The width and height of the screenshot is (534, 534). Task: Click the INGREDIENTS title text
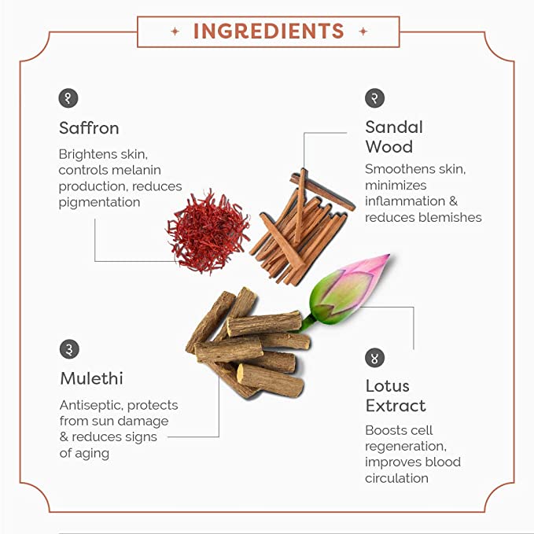point(268,31)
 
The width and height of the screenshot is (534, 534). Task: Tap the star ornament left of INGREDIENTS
point(175,31)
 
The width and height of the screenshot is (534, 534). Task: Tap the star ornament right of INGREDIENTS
point(363,31)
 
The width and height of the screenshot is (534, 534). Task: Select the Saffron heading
point(89,128)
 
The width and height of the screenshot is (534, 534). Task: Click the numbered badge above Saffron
point(68,98)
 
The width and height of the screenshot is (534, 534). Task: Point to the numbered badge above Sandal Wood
point(374,98)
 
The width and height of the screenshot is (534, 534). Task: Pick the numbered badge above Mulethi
point(69,349)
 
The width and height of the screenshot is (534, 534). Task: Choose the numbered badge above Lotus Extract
point(374,358)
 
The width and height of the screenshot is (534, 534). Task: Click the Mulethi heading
point(91,378)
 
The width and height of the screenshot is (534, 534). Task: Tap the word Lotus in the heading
point(388,386)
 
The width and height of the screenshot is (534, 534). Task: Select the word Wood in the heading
point(389,147)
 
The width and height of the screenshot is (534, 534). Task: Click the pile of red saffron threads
point(208,231)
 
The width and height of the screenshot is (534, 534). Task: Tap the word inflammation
point(405,201)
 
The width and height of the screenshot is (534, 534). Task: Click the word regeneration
point(406,447)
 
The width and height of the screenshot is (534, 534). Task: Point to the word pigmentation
point(99,203)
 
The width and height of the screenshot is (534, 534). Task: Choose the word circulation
point(396,478)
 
